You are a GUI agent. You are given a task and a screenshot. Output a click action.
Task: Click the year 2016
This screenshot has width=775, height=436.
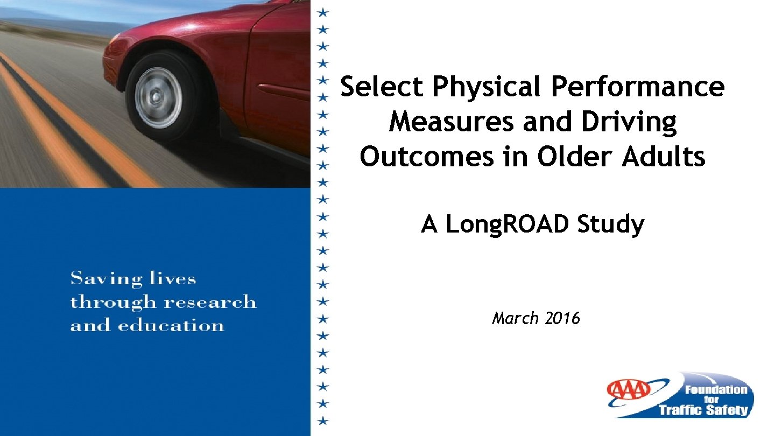pyautogui.click(x=562, y=319)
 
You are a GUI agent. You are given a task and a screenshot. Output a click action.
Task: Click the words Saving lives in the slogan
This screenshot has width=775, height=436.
pyautogui.click(x=133, y=279)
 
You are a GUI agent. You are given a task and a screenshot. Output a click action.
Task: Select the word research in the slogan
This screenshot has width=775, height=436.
pyautogui.click(x=210, y=302)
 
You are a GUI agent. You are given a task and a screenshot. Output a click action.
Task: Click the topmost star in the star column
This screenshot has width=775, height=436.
pyautogui.click(x=322, y=11)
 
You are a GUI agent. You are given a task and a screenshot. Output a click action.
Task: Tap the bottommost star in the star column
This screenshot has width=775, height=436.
pyautogui.click(x=322, y=420)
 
